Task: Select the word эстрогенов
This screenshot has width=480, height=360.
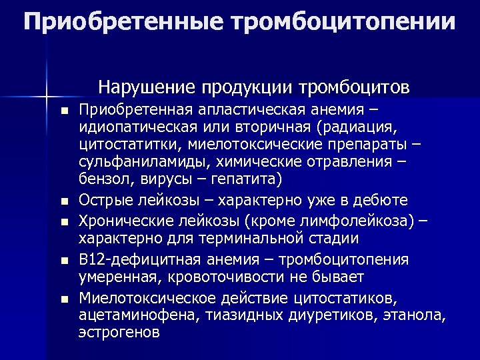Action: coord(119,331)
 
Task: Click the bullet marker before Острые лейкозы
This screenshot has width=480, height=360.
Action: coord(63,201)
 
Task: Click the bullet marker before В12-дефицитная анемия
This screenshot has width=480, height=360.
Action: coord(63,261)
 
